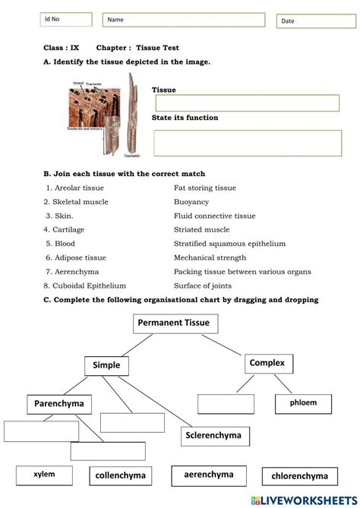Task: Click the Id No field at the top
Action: pyautogui.click(x=67, y=20)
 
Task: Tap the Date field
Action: pyautogui.click(x=315, y=21)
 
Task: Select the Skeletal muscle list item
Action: pyautogui.click(x=76, y=202)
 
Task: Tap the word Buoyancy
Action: pyautogui.click(x=191, y=202)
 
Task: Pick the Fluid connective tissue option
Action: pyautogui.click(x=210, y=216)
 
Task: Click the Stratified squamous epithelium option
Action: pyautogui.click(x=229, y=244)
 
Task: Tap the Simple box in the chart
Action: pyautogui.click(x=106, y=365)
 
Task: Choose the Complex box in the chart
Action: pyautogui.click(x=267, y=364)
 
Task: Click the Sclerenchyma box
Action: pyautogui.click(x=212, y=436)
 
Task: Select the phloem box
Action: pyautogui.click(x=302, y=403)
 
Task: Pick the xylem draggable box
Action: pyautogui.click(x=44, y=475)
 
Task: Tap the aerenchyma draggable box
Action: pyautogui.click(x=208, y=475)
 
